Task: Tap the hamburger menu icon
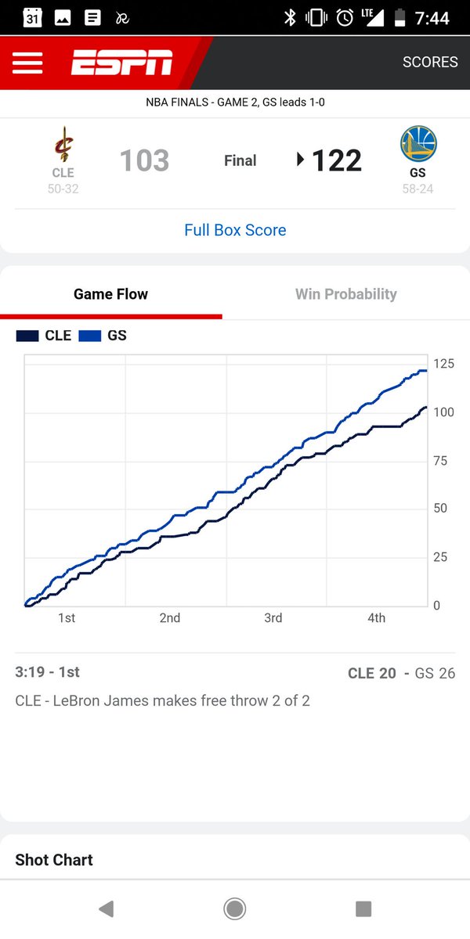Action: click(x=27, y=63)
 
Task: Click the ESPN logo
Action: click(x=121, y=63)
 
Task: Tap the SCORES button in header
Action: click(x=429, y=63)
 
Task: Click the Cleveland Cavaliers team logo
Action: click(x=63, y=146)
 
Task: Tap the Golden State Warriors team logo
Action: click(x=418, y=145)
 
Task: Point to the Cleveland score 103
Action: click(x=144, y=161)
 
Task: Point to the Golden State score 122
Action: click(x=336, y=161)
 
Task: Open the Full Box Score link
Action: click(x=235, y=230)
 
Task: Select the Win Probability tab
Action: click(x=345, y=294)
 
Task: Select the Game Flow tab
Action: click(x=110, y=294)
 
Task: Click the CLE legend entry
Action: click(x=44, y=336)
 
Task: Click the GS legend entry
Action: click(x=103, y=336)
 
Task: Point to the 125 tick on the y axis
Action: click(x=443, y=364)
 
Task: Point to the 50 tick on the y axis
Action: click(x=441, y=509)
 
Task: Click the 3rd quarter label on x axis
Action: click(x=273, y=618)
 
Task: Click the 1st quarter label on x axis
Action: click(x=67, y=618)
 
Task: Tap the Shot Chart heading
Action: click(x=54, y=860)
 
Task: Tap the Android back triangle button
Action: click(x=107, y=908)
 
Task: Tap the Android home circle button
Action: click(x=234, y=908)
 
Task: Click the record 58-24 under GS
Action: click(x=417, y=189)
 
